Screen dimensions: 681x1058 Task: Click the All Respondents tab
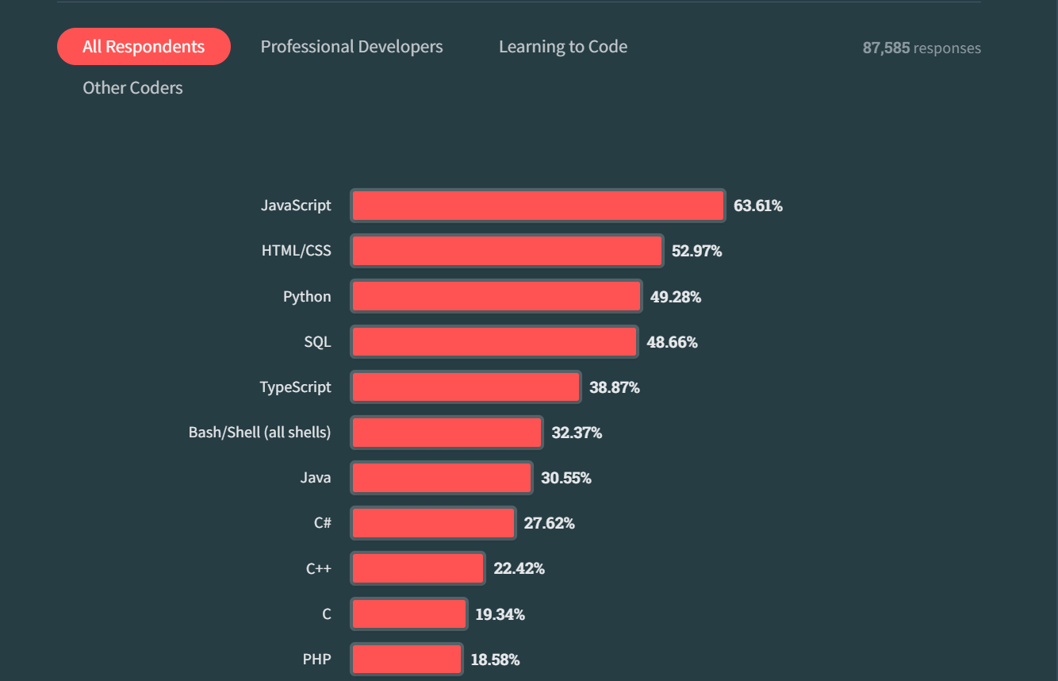[x=144, y=47]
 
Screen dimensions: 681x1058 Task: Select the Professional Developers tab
[x=351, y=47]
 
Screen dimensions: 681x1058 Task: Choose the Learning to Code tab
[x=563, y=47]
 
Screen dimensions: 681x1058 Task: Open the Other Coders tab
[x=132, y=88]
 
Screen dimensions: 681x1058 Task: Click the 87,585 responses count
[x=922, y=48]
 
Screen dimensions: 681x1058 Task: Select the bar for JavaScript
[x=538, y=206]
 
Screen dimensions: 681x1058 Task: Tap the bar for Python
[x=496, y=297]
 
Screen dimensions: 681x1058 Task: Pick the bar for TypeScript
[x=466, y=387]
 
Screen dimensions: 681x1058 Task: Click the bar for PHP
[x=406, y=660]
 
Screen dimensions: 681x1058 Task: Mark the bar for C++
[x=417, y=568]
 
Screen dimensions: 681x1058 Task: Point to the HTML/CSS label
[x=297, y=251]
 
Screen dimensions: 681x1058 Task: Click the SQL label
[x=317, y=342]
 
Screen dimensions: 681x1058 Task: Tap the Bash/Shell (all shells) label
[x=259, y=433]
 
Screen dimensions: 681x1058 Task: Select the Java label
[x=316, y=478]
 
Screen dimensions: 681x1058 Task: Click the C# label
[x=322, y=523]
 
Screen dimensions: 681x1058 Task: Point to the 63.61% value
[x=758, y=206]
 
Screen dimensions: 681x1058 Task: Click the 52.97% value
[x=697, y=252]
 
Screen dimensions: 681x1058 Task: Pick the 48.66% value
[x=673, y=343]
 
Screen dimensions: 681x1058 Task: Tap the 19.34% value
[x=500, y=614]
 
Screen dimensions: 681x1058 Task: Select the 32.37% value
[x=577, y=433]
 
